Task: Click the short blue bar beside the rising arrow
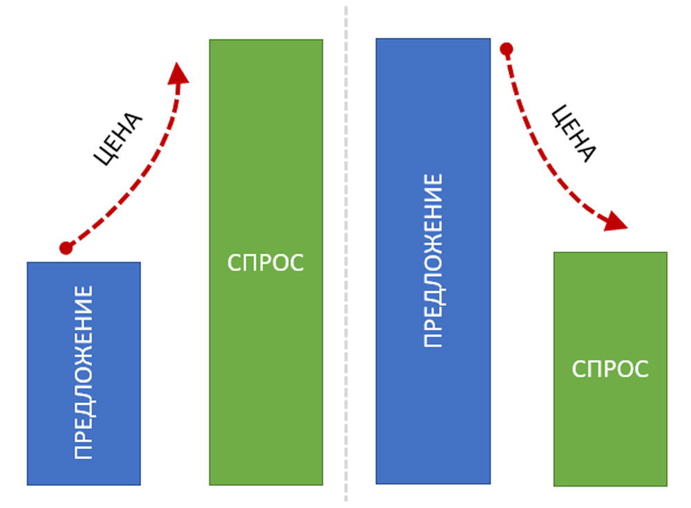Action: click(x=84, y=415)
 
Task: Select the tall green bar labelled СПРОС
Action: click(x=266, y=173)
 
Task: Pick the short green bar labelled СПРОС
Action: click(x=610, y=429)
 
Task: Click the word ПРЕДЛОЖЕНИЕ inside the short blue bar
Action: click(x=84, y=373)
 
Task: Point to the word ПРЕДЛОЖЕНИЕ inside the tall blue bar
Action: click(x=433, y=261)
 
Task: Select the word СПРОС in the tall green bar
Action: click(x=266, y=263)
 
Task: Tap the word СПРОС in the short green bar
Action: click(x=610, y=369)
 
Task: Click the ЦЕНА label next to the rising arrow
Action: click(x=119, y=138)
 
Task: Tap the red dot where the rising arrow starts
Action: click(x=66, y=247)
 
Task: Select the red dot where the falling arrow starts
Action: click(x=507, y=49)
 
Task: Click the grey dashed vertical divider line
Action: click(x=345, y=276)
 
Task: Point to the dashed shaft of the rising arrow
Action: click(x=138, y=187)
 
